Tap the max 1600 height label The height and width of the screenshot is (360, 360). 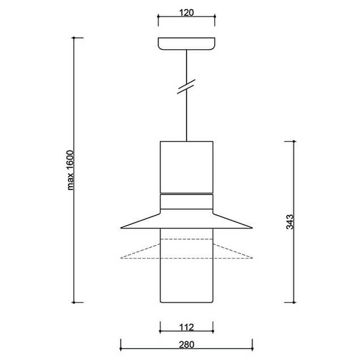coord(70,170)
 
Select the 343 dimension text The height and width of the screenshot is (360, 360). coord(289,222)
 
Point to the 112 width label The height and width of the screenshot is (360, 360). coord(187,327)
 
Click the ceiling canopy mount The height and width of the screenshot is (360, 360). coord(187,44)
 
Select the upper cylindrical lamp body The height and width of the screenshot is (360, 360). coord(187,167)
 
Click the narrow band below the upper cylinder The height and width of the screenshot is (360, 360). coord(187,202)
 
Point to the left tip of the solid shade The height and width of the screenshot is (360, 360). coord(122,228)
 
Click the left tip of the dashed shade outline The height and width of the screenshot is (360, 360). coord(122,258)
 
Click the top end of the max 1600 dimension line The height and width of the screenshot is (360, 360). coord(74,38)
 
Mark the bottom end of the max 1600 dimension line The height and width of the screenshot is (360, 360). coord(74,302)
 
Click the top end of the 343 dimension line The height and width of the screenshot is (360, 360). coord(293,141)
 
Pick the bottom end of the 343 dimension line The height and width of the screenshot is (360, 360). coord(293,302)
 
